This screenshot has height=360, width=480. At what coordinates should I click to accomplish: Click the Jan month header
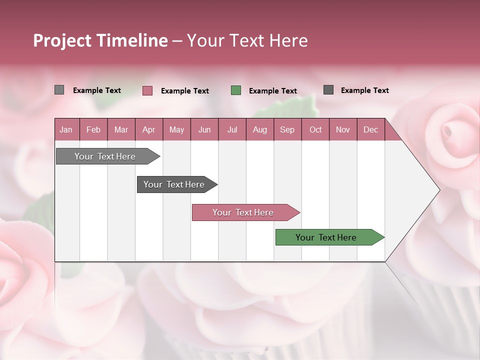(x=66, y=129)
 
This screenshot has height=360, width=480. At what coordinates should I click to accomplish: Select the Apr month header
(x=148, y=129)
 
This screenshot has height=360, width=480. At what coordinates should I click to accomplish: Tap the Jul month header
(x=232, y=129)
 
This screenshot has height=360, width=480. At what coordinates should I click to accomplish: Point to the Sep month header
(x=287, y=129)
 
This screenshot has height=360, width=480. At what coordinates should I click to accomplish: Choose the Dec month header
(x=370, y=129)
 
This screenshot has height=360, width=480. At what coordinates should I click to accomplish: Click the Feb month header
(x=93, y=129)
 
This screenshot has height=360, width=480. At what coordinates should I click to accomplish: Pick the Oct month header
(x=315, y=129)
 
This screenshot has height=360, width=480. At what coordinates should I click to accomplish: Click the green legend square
(x=236, y=90)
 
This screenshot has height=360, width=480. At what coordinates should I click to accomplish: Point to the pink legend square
(x=147, y=90)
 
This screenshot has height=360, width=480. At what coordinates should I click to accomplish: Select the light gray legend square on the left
(x=59, y=90)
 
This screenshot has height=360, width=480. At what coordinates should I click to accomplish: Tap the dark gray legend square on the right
(x=328, y=90)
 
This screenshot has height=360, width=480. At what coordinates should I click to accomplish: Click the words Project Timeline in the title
(x=100, y=40)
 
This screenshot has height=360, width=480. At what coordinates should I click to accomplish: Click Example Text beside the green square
(x=272, y=91)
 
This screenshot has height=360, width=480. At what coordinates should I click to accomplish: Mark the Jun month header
(x=204, y=129)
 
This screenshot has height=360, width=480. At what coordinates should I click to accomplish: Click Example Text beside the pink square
(x=184, y=91)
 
